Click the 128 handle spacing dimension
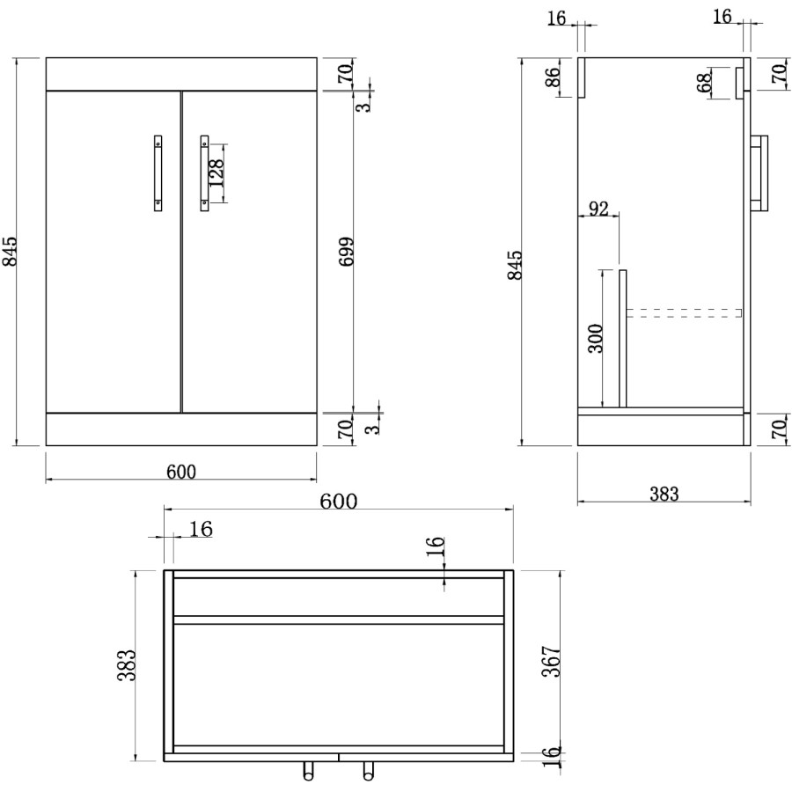point(216,173)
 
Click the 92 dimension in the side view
point(598,209)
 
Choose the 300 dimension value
point(596,339)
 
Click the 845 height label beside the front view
point(11,253)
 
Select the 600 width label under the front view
point(181,472)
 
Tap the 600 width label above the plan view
point(338,502)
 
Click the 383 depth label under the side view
point(664,495)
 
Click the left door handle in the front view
point(158,172)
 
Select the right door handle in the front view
point(204,172)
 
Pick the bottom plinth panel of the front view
point(181,429)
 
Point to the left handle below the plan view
point(309,772)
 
